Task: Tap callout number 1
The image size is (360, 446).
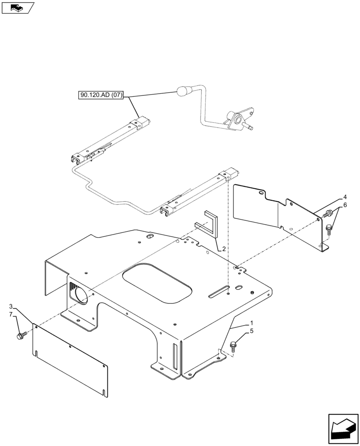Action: click(252, 322)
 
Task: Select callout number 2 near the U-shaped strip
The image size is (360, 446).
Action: click(224, 249)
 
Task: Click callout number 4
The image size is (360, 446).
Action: click(344, 196)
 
